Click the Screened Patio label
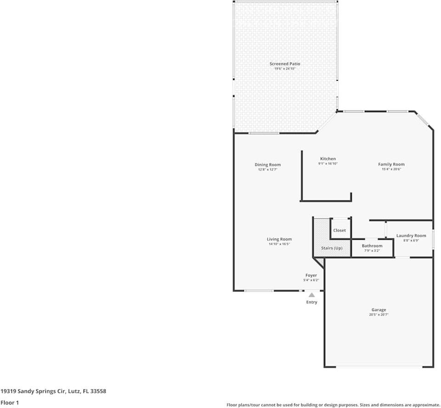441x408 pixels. (285, 64)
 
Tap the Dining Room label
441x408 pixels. (268, 164)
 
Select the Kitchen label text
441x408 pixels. (328, 159)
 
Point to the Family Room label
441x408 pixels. (391, 164)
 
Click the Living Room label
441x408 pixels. (279, 239)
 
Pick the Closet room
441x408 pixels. (339, 230)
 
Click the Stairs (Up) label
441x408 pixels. (332, 248)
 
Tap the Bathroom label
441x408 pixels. (372, 246)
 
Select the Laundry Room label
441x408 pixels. (411, 236)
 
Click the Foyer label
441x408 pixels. (311, 275)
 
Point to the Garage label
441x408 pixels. (379, 310)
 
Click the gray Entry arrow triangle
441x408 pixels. (311, 295)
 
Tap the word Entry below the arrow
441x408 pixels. (311, 302)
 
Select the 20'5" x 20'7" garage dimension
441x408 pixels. (379, 315)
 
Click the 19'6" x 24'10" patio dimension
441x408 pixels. (285, 68)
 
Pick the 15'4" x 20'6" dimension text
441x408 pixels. (391, 169)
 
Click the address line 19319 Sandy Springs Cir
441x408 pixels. (53, 391)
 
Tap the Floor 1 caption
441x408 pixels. (10, 402)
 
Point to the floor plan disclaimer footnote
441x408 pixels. (333, 405)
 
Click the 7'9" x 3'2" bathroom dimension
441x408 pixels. (372, 251)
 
